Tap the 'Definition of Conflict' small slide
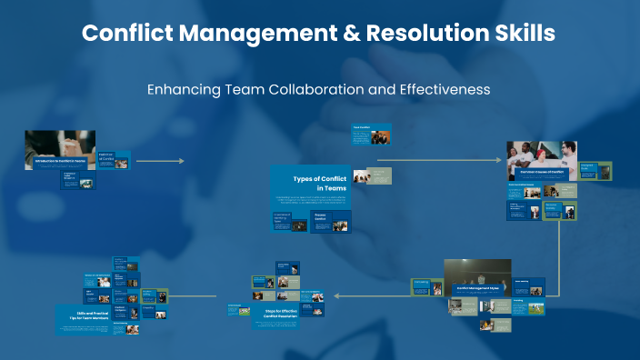pyautogui.click(x=114, y=160)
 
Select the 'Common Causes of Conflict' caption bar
pyautogui.click(x=544, y=170)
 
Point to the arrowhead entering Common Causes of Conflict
pyautogui.click(x=497, y=160)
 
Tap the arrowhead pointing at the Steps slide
pyautogui.click(x=337, y=295)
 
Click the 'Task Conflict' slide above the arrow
pyautogui.click(x=371, y=135)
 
